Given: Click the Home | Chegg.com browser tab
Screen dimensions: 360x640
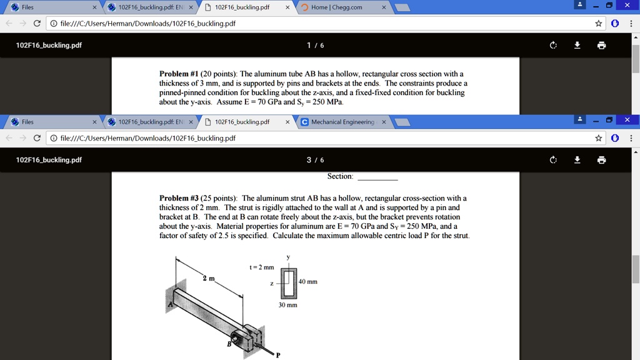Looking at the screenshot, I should point(336,7).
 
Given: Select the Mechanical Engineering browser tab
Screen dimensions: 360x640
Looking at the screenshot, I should point(342,122).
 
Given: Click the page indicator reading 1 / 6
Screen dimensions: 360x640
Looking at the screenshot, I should point(315,45).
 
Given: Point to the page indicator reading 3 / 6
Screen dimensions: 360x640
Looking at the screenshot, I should point(315,160).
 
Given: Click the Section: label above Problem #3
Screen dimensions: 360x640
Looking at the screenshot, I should point(340,176).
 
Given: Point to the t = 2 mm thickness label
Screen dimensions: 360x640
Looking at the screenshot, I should point(262,267).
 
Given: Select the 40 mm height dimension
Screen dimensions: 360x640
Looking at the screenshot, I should point(308,282).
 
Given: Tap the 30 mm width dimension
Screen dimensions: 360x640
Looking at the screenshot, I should point(288,305).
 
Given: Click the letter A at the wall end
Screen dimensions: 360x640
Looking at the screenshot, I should point(169,304).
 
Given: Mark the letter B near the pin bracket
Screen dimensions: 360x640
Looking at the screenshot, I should point(229,343).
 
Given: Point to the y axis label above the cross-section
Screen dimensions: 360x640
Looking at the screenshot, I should point(288,257).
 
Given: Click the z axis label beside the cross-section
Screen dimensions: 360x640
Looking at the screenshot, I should point(272,283).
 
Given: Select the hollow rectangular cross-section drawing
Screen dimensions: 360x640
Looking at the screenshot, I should point(288,283).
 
